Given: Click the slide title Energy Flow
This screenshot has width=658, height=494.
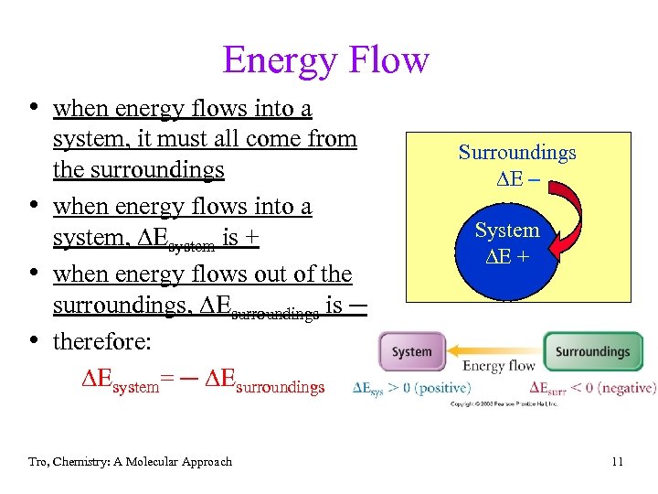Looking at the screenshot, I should pos(325,60).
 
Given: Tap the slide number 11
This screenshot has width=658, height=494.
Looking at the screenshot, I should pos(617,462).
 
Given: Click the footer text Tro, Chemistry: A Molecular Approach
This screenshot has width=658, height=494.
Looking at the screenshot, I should pos(130,462).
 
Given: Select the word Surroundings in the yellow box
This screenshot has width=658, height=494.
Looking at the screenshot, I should pos(516,152).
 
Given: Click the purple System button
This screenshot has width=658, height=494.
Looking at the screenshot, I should pos(411,351).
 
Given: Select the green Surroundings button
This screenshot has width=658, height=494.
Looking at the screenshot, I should pos(592,351).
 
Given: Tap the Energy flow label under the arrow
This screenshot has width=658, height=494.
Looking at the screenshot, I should pos(498,367).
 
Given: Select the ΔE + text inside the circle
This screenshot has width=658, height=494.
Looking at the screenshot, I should pos(506,257).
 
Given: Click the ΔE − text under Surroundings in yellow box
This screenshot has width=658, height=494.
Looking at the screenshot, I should pos(516,177).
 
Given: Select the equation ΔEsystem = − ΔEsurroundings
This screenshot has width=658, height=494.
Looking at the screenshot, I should pos(203,385).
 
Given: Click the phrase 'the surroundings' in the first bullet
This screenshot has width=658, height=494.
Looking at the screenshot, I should pos(139,170).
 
